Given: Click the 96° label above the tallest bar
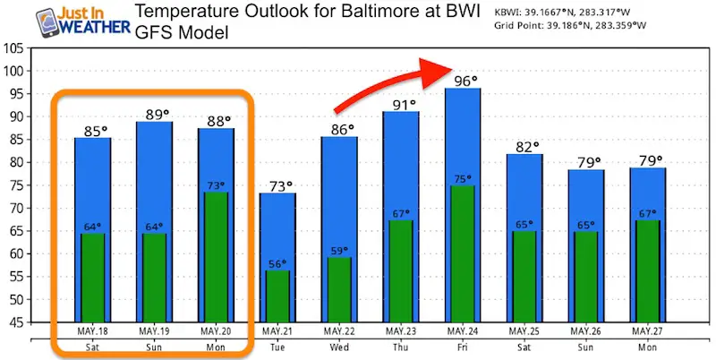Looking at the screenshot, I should pyautogui.click(x=463, y=79).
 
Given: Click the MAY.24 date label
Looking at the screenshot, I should pyautogui.click(x=463, y=332).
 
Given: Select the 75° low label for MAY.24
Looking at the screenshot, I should pyautogui.click(x=463, y=178).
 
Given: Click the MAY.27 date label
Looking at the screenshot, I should pyautogui.click(x=648, y=332).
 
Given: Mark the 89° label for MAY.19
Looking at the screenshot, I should pyautogui.click(x=154, y=114).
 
